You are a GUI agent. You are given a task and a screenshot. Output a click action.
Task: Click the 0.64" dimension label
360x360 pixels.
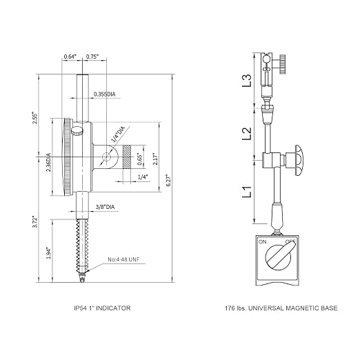70,57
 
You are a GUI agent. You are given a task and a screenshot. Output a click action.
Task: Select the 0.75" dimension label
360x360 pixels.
92,57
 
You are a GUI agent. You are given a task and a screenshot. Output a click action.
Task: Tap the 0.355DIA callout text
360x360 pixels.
104,94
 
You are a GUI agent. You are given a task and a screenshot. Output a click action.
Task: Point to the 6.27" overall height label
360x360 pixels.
168,181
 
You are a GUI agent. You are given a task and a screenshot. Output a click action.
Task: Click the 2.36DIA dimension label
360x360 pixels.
48,162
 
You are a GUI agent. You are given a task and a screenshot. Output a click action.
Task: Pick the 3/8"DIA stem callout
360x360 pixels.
105,207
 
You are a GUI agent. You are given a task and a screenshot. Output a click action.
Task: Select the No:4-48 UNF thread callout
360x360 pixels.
123,259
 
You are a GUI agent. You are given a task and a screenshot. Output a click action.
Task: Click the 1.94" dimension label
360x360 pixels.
48,253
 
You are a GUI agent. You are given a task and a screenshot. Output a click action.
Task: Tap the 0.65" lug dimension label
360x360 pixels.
139,159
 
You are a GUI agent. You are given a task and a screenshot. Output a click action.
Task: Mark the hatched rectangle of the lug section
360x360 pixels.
127,157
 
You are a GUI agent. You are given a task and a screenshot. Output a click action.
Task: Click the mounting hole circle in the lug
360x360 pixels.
107,157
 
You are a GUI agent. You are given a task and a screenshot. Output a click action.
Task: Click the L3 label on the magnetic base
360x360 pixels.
247,80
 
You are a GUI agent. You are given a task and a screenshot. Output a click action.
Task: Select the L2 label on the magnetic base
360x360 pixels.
247,133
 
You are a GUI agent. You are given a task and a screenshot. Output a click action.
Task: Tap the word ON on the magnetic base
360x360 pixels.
263,242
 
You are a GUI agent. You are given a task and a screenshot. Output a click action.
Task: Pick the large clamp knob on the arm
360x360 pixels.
299,161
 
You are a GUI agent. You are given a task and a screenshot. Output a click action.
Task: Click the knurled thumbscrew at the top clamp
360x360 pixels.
282,64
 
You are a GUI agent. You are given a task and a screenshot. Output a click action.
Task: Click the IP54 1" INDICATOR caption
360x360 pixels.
102,308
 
